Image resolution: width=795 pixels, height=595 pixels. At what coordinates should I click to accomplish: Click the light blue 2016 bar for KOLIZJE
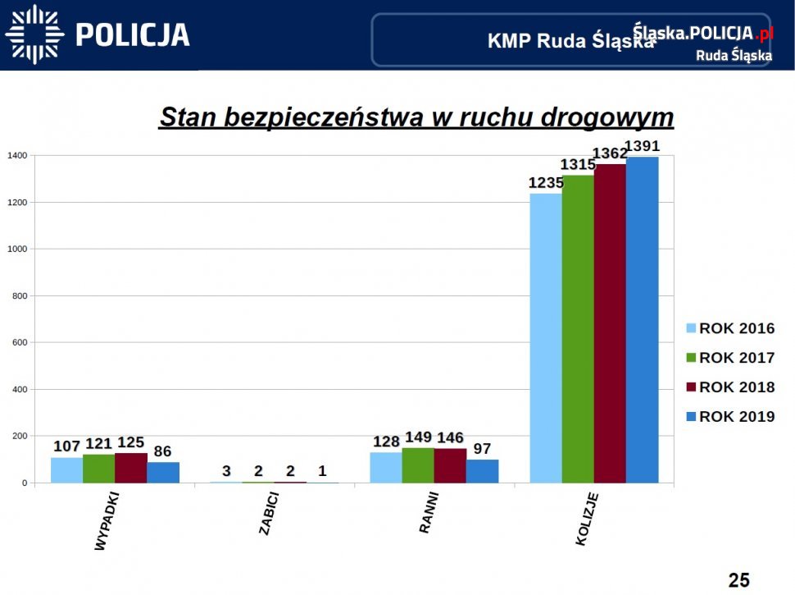[546, 338]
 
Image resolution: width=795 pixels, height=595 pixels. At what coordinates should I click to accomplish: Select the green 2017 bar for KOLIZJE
[578, 328]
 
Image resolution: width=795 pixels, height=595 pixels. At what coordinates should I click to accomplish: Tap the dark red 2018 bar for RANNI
[450, 465]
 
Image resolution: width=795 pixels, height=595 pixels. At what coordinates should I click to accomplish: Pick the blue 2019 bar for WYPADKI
[163, 472]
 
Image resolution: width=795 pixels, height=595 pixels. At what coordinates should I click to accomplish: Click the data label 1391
[642, 147]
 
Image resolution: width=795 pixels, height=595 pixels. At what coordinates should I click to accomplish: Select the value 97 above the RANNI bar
[483, 449]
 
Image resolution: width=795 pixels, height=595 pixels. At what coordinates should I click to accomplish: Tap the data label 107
[67, 446]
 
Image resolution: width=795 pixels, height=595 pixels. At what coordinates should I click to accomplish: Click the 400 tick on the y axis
[19, 389]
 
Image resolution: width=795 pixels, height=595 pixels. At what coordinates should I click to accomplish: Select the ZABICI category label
[268, 515]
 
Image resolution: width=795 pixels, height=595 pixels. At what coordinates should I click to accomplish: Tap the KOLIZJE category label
[587, 519]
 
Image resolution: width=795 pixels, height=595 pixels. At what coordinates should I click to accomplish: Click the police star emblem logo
[34, 34]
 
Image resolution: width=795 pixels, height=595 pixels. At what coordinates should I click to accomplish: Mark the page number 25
[738, 580]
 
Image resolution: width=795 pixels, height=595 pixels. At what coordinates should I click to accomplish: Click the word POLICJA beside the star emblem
[133, 34]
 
